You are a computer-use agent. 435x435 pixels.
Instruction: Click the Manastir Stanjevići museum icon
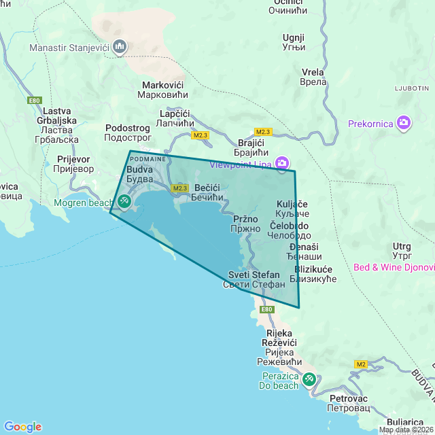pyautogui.click(x=120, y=47)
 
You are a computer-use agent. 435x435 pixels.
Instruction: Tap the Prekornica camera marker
pyautogui.click(x=404, y=123)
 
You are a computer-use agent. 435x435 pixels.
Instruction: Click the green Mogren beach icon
pyautogui.click(x=124, y=201)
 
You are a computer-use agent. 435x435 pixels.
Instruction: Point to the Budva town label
pyautogui.click(x=140, y=175)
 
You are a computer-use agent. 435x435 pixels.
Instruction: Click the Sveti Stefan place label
pyautogui.click(x=254, y=279)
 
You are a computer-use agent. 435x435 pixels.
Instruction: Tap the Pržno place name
pyautogui.click(x=246, y=224)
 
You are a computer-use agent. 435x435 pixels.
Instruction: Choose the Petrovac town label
pyautogui.click(x=348, y=403)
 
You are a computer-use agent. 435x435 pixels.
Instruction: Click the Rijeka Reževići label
pyautogui.click(x=279, y=347)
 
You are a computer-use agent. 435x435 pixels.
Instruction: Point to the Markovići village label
pyautogui.click(x=163, y=90)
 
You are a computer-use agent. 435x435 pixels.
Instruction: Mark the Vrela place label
pyautogui.click(x=313, y=77)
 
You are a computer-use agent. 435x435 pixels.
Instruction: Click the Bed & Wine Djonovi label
pyautogui.click(x=394, y=267)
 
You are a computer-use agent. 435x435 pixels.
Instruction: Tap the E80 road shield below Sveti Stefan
pyautogui.click(x=266, y=309)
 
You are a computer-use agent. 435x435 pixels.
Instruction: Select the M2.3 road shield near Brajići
pyautogui.click(x=263, y=131)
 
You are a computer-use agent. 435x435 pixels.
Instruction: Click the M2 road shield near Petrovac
pyautogui.click(x=361, y=364)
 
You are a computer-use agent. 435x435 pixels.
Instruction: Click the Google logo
pyautogui.click(x=22, y=426)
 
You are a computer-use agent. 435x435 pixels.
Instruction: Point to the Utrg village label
pyautogui.click(x=402, y=251)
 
